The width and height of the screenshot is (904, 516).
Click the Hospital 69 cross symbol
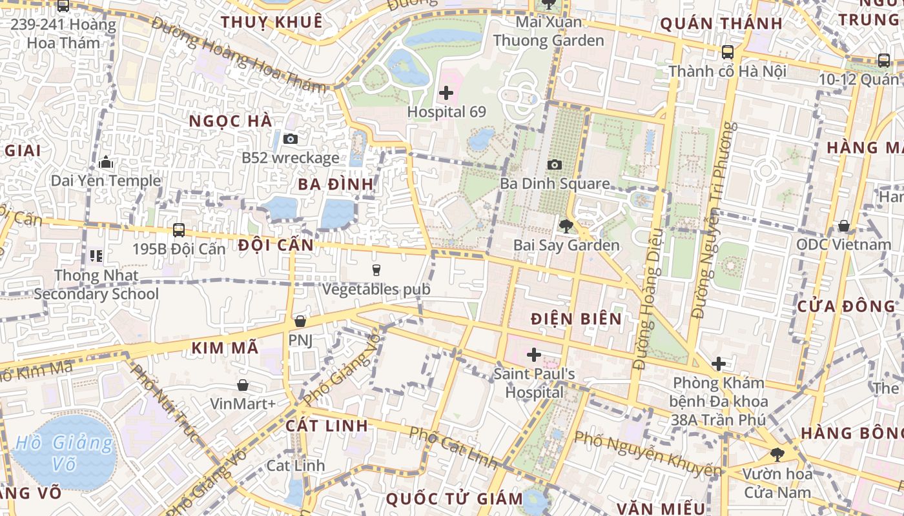pyautogui.click(x=446, y=93)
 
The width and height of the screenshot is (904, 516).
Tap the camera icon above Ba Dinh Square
pyautogui.click(x=554, y=164)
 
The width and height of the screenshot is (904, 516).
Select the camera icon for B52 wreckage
pyautogui.click(x=291, y=139)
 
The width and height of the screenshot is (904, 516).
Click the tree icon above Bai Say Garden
pyautogui.click(x=566, y=226)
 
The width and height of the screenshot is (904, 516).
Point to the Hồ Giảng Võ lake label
pyautogui.click(x=64, y=453)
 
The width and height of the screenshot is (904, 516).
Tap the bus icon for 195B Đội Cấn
pyautogui.click(x=179, y=230)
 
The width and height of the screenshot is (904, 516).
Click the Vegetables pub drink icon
pyautogui.click(x=376, y=270)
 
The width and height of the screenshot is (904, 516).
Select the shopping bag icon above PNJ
pyautogui.click(x=300, y=321)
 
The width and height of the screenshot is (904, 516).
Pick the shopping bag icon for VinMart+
pyautogui.click(x=243, y=385)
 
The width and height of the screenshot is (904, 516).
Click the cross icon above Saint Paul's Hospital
pyautogui.click(x=533, y=354)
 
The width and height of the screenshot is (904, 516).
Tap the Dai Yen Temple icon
pyautogui.click(x=106, y=161)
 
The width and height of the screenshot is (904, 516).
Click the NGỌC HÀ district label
pyautogui.click(x=231, y=121)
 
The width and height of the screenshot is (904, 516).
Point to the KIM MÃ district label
pyautogui.click(x=225, y=348)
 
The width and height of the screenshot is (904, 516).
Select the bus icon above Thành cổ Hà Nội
pyautogui.click(x=727, y=52)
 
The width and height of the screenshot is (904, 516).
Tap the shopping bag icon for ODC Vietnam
pyautogui.click(x=843, y=226)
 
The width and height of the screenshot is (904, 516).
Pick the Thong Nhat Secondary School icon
pyautogui.click(x=96, y=256)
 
